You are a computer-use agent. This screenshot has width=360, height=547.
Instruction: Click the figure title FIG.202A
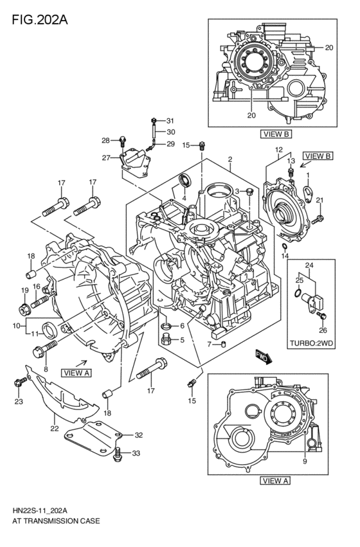(40, 20)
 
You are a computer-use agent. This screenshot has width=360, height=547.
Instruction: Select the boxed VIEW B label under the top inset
(276, 134)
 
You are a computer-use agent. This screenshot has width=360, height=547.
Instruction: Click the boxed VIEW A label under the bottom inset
(275, 481)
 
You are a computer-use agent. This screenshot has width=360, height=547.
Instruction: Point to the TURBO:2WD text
(312, 343)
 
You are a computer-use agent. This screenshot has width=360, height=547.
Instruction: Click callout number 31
(170, 121)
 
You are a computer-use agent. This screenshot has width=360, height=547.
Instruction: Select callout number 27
(106, 158)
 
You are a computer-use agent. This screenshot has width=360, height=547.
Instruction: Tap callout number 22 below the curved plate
(55, 429)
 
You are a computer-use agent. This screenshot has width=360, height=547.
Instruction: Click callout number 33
(136, 454)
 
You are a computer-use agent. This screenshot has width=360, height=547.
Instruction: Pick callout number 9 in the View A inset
(305, 461)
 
